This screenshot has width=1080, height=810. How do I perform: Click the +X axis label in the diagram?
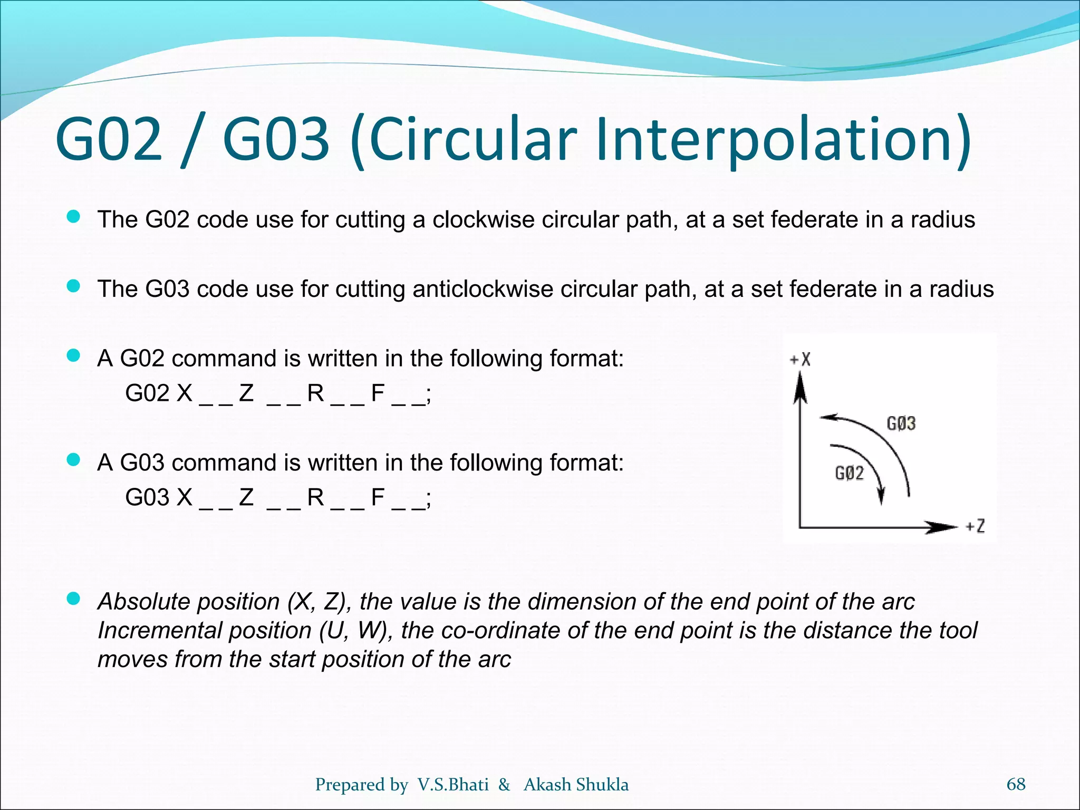(x=800, y=360)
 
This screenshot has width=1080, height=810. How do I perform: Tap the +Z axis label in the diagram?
(x=975, y=526)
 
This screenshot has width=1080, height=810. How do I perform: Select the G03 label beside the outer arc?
(x=901, y=423)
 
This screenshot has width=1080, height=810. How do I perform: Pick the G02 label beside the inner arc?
(x=850, y=473)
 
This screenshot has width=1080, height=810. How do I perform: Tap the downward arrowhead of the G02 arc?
(x=881, y=496)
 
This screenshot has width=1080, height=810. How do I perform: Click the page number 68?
(x=1016, y=784)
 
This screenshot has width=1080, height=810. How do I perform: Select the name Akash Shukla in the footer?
(x=576, y=785)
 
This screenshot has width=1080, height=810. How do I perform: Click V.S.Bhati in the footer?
(x=453, y=785)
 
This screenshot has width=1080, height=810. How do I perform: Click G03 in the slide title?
(x=276, y=139)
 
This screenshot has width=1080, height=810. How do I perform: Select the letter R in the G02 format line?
(x=315, y=393)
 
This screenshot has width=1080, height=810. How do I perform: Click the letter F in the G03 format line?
(x=378, y=497)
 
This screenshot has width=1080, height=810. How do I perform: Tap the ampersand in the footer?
(x=504, y=785)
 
